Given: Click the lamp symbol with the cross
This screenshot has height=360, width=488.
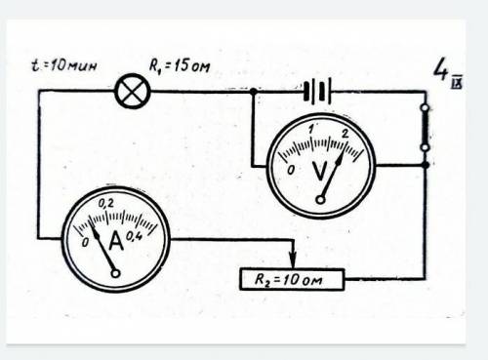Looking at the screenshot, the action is tap(133, 91).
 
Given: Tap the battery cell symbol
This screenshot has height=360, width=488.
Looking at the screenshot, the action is tap(317, 92).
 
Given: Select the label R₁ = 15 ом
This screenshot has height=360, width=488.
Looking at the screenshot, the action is tap(180, 65).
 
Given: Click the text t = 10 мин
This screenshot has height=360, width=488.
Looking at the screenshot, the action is tap(64, 65).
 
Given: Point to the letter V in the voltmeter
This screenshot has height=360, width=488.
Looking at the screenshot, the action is tap(320, 171).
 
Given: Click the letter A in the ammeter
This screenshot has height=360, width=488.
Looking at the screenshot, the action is tap(116, 241).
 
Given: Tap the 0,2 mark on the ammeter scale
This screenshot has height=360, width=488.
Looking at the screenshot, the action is tap(106, 204).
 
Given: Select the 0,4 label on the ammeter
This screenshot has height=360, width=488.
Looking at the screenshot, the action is tap(134, 236).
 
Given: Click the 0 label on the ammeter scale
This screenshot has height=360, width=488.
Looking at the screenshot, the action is tap(85, 242).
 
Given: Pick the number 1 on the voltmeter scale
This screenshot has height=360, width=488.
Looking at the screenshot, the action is tap(311, 129).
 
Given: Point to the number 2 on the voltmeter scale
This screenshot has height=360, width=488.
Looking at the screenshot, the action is tap(345, 133).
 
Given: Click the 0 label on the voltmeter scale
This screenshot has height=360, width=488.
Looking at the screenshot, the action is tap(291, 170).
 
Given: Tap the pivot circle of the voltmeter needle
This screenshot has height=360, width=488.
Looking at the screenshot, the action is tap(320, 200).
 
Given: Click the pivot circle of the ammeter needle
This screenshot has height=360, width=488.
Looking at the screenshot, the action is tap(115, 273).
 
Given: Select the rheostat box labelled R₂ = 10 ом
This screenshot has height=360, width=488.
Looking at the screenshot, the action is tap(292, 279).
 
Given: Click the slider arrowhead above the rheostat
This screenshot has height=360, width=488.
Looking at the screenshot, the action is tap(293, 260).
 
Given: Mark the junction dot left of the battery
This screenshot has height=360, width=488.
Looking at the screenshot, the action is tap(253, 92).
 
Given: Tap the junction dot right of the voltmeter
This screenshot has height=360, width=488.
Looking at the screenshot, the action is tap(426, 165).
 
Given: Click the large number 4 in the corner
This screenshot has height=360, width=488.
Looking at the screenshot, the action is tap(441, 68).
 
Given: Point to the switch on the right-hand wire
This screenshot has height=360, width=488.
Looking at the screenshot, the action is tap(426, 128).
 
